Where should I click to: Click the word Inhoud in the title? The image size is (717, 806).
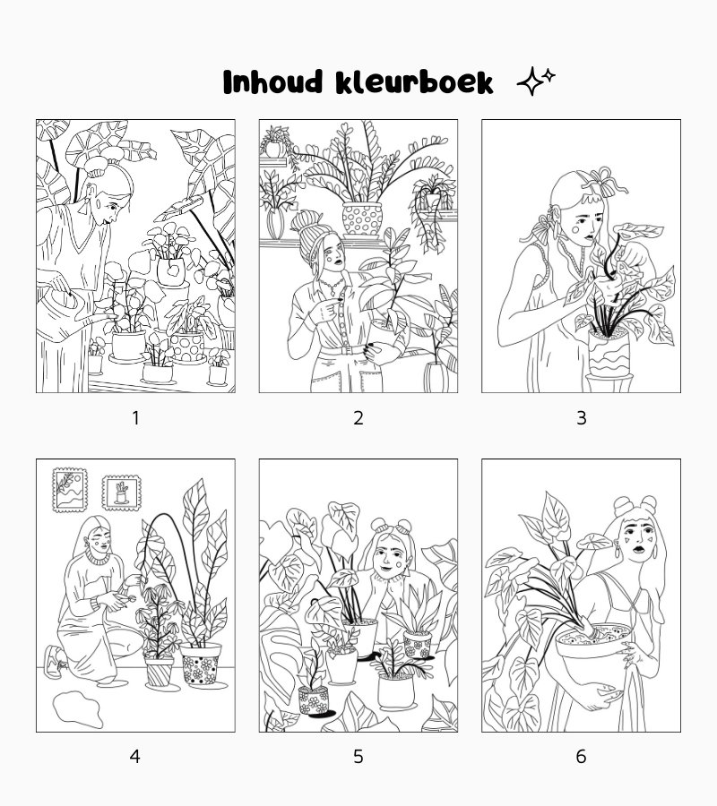[272, 81]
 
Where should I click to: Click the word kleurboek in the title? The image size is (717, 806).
[414, 81]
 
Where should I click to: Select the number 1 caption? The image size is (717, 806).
[136, 418]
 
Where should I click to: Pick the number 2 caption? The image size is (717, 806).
[358, 418]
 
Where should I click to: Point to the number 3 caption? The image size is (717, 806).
[581, 418]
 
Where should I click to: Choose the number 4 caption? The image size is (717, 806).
[134, 756]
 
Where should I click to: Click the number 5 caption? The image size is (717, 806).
[358, 756]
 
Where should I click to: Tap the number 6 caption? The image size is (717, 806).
[581, 756]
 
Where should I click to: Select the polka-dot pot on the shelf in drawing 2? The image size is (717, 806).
[362, 219]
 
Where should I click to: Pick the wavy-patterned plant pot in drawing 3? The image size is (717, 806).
[609, 353]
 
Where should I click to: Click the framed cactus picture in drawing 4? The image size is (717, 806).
[121, 493]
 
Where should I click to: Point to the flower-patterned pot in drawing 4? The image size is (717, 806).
[201, 665]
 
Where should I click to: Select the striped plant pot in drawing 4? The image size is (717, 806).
[160, 673]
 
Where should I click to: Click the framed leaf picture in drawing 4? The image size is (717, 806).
[69, 490]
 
